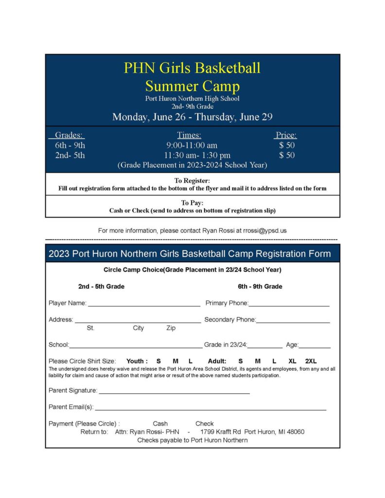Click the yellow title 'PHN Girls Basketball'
coord(192,68)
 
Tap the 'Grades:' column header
coord(69,135)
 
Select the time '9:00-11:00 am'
coord(192,145)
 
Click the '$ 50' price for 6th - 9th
coord(286,145)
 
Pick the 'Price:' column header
coord(286,135)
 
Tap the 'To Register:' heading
coord(192,181)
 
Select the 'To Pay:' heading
coord(192,203)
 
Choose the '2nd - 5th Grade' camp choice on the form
coord(101,286)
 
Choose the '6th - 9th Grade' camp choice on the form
coord(260,286)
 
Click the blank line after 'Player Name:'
coord(144,304)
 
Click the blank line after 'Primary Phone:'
coord(289,304)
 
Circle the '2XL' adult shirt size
coord(311,361)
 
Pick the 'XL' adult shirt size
coord(292,361)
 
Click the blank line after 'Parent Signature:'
coord(174,391)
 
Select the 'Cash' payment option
coord(160,424)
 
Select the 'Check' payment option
coord(205,424)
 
